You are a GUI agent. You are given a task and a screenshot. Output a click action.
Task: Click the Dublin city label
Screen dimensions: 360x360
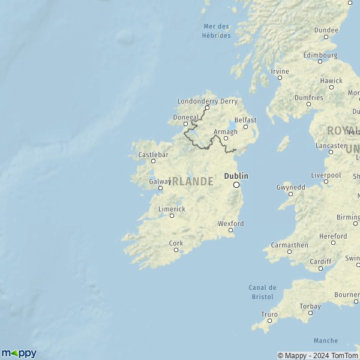pyautogui.click(x=236, y=176)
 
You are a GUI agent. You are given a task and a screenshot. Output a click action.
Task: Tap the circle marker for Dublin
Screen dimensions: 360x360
pyautogui.click(x=236, y=185)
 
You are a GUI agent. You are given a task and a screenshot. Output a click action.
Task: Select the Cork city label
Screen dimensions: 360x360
pyautogui.click(x=176, y=243)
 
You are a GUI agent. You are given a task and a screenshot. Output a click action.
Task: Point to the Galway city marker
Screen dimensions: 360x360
pyautogui.click(x=160, y=188)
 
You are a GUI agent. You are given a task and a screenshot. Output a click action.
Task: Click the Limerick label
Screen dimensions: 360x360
pyautogui.click(x=172, y=209)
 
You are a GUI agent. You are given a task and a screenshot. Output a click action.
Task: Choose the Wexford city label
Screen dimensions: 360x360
pyautogui.click(x=231, y=223)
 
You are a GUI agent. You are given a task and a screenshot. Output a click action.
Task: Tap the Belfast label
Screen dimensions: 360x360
pyautogui.click(x=245, y=120)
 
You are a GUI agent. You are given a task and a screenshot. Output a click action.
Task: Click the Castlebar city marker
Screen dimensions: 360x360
pyautogui.click(x=153, y=161)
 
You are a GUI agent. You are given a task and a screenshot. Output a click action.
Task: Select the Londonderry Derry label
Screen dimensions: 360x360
pyautogui.click(x=207, y=101)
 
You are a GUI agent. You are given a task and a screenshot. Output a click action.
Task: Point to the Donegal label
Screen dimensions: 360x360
pyautogui.click(x=184, y=118)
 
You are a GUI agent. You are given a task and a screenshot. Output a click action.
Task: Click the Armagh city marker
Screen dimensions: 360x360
pyautogui.click(x=226, y=139)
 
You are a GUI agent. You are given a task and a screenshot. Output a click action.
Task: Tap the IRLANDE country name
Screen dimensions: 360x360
pyautogui.click(x=191, y=181)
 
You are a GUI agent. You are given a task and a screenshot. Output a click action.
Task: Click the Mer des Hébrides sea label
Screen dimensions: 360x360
pyautogui.click(x=217, y=31)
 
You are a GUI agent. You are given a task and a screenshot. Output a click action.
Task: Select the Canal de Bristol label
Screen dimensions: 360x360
pyautogui.click(x=262, y=292)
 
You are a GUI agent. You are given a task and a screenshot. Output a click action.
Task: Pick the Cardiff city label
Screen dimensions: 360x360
pyautogui.click(x=321, y=262)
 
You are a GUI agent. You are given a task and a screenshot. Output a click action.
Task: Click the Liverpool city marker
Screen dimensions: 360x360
pyautogui.click(x=326, y=181)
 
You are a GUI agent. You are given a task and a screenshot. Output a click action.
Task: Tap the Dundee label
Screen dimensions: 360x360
pyautogui.click(x=326, y=29)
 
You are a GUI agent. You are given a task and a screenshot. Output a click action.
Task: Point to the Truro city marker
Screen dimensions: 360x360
pyautogui.click(x=269, y=320)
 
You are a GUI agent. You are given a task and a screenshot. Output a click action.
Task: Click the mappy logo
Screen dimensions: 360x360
pyautogui.click(x=19, y=353)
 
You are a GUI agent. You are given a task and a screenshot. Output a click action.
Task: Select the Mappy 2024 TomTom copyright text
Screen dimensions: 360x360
pyautogui.click(x=317, y=355)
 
